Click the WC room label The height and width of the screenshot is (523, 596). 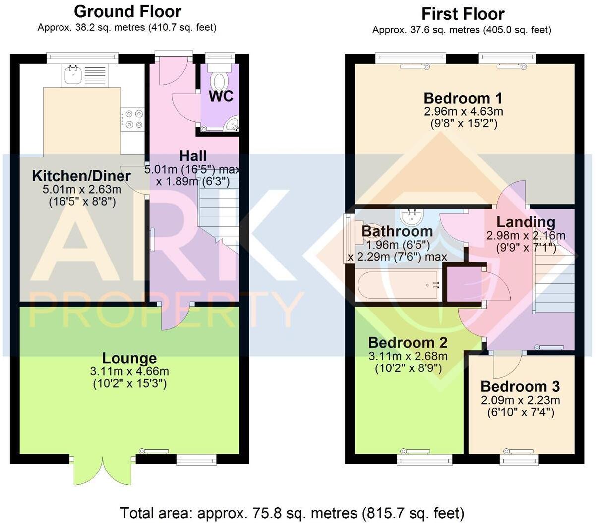coord(221,96)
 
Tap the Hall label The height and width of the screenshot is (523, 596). coord(193,156)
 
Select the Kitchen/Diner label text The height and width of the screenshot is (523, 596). coord(81,176)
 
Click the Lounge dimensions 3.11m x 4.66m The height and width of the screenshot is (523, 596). coord(129,371)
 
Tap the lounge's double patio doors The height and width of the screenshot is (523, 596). coord(103,471)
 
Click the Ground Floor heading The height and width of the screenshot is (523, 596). coord(127,11)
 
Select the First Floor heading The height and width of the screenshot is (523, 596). coord(463,13)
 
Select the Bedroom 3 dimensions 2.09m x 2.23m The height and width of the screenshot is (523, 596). coord(520,400)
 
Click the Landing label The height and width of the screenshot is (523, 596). coord(526,222)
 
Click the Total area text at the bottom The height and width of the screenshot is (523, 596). coord(292,512)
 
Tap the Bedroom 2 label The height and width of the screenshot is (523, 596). coord(408,342)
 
